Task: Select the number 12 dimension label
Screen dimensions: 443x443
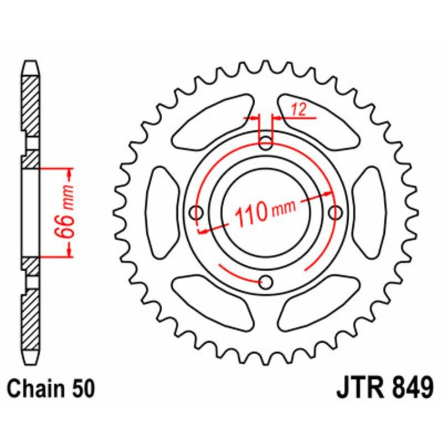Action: pos(297,110)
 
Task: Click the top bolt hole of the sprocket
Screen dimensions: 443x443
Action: pos(266,141)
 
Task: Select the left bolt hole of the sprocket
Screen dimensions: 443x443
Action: pos(195,212)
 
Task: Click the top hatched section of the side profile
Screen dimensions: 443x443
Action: pos(30,105)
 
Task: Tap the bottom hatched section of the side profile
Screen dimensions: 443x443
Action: pos(30,318)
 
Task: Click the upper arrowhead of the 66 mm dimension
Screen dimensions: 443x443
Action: pos(70,174)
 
